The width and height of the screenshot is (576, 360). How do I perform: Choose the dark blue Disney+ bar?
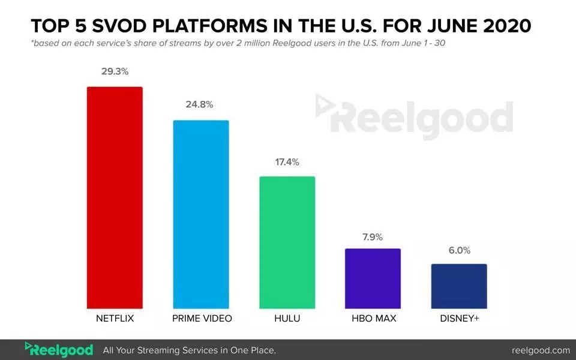[x=459, y=286]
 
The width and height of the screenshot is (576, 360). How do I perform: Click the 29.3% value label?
[x=115, y=71]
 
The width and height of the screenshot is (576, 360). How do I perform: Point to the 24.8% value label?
[x=200, y=104]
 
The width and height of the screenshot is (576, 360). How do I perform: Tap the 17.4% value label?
[x=286, y=161]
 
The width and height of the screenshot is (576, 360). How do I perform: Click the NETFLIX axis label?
[x=115, y=318]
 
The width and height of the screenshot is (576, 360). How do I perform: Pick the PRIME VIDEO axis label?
[x=201, y=318]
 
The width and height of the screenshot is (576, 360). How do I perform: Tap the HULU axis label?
[x=287, y=318]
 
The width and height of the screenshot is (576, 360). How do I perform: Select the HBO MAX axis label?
[x=373, y=318]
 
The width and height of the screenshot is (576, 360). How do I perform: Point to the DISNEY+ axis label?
[x=459, y=318]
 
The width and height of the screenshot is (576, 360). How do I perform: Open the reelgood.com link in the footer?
[x=541, y=350]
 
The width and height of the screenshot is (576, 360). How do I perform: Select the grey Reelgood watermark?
[x=414, y=116]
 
